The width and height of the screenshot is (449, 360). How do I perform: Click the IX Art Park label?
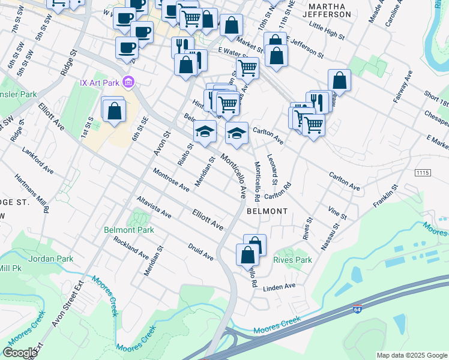[x=99, y=82]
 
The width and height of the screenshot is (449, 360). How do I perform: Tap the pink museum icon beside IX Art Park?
[x=127, y=82]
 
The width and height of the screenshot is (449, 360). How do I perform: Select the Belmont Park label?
[x=129, y=230]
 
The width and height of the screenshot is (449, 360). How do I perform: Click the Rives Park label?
[x=293, y=260]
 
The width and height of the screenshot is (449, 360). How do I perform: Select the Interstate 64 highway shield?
[x=357, y=311]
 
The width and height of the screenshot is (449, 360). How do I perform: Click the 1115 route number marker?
[x=423, y=172]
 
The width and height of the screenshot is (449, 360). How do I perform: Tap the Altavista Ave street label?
[x=154, y=206]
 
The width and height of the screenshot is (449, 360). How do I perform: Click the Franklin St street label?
[x=386, y=196]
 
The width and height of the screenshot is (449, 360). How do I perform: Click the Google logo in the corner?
[x=19, y=352]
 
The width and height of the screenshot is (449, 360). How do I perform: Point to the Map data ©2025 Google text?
[x=411, y=355]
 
